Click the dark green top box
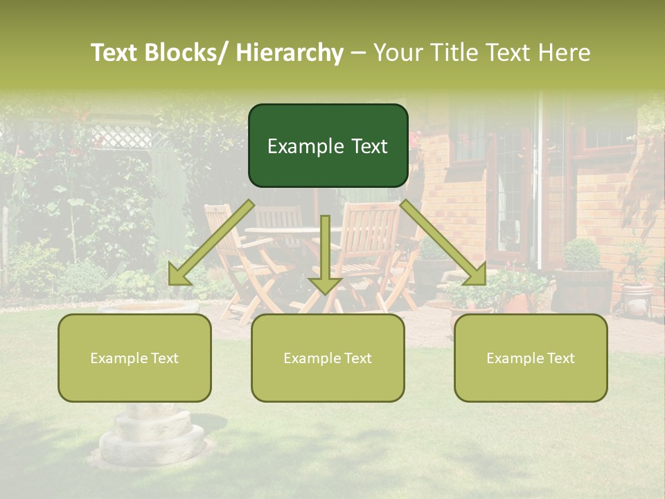click(x=328, y=146)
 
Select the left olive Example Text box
click(x=134, y=358)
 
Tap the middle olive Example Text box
click(x=328, y=358)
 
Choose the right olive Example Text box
click(x=531, y=358)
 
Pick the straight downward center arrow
click(x=325, y=256)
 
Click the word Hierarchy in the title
click(x=290, y=52)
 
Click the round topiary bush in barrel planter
click(x=582, y=254)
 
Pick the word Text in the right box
click(x=560, y=358)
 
